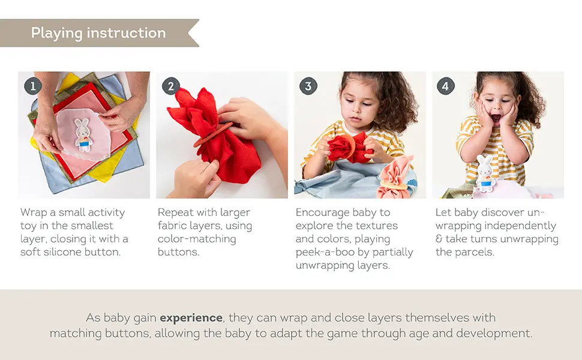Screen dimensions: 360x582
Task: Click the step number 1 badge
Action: (32, 86)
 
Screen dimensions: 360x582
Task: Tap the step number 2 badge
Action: (170, 86)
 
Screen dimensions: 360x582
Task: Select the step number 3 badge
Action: (308, 86)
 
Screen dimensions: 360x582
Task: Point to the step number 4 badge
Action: (445, 86)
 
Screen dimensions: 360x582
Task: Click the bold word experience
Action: (191, 317)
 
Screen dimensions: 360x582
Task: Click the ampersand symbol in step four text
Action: (439, 239)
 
